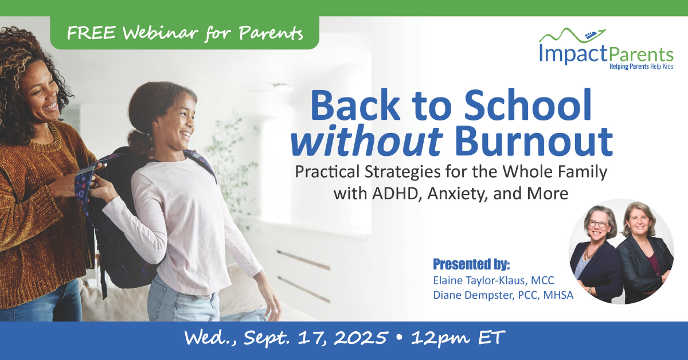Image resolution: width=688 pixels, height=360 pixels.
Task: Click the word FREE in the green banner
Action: pos(91,33)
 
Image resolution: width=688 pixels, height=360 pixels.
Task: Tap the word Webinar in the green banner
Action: pos(160,32)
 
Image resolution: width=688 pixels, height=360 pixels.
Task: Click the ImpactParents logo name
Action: pos(606,54)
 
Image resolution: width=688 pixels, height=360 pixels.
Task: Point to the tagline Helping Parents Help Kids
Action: pos(642,66)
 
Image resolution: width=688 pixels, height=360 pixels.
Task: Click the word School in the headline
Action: pos(527,105)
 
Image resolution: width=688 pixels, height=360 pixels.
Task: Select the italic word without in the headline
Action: pos(367,142)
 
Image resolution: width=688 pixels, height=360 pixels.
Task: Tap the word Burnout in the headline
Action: pos(533,142)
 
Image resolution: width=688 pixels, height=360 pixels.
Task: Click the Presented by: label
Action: pos(471,264)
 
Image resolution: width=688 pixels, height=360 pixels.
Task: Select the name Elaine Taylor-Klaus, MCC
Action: pos(494,280)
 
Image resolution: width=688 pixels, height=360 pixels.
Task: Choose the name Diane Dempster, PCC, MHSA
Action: pos(503,295)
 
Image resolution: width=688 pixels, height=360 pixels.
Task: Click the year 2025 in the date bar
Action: pos(360,338)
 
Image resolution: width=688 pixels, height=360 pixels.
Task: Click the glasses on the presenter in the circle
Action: pos(598,224)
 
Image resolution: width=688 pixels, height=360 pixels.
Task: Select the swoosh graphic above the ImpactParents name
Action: pos(572,36)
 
